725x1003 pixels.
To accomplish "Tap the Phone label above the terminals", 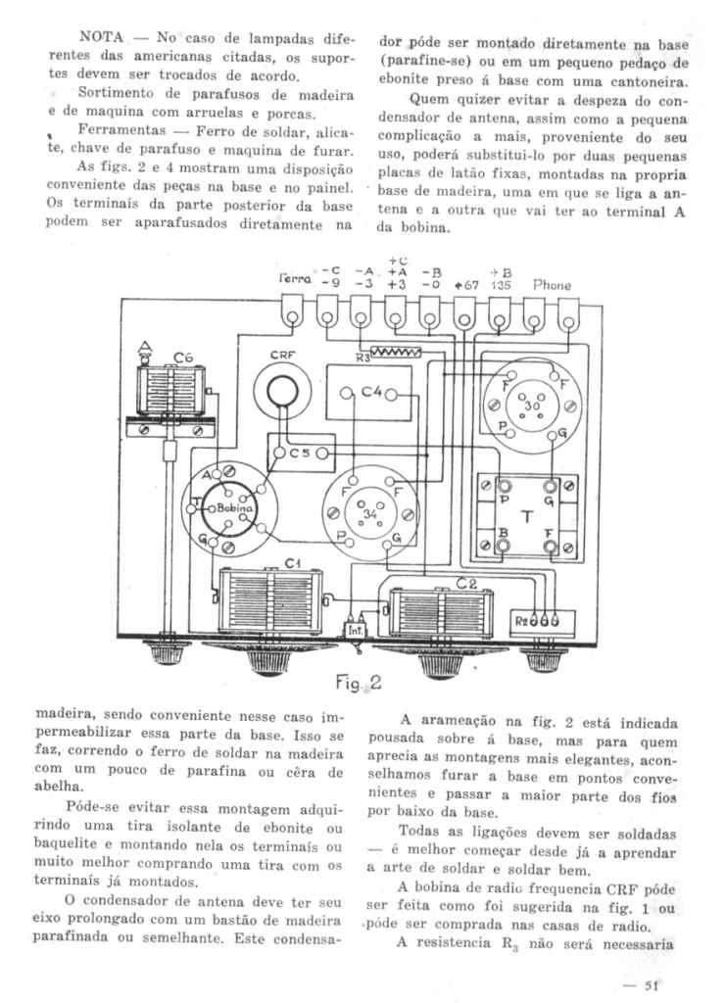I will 552,284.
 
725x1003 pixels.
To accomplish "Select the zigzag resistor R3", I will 391,350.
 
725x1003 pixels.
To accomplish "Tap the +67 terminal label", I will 468,284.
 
